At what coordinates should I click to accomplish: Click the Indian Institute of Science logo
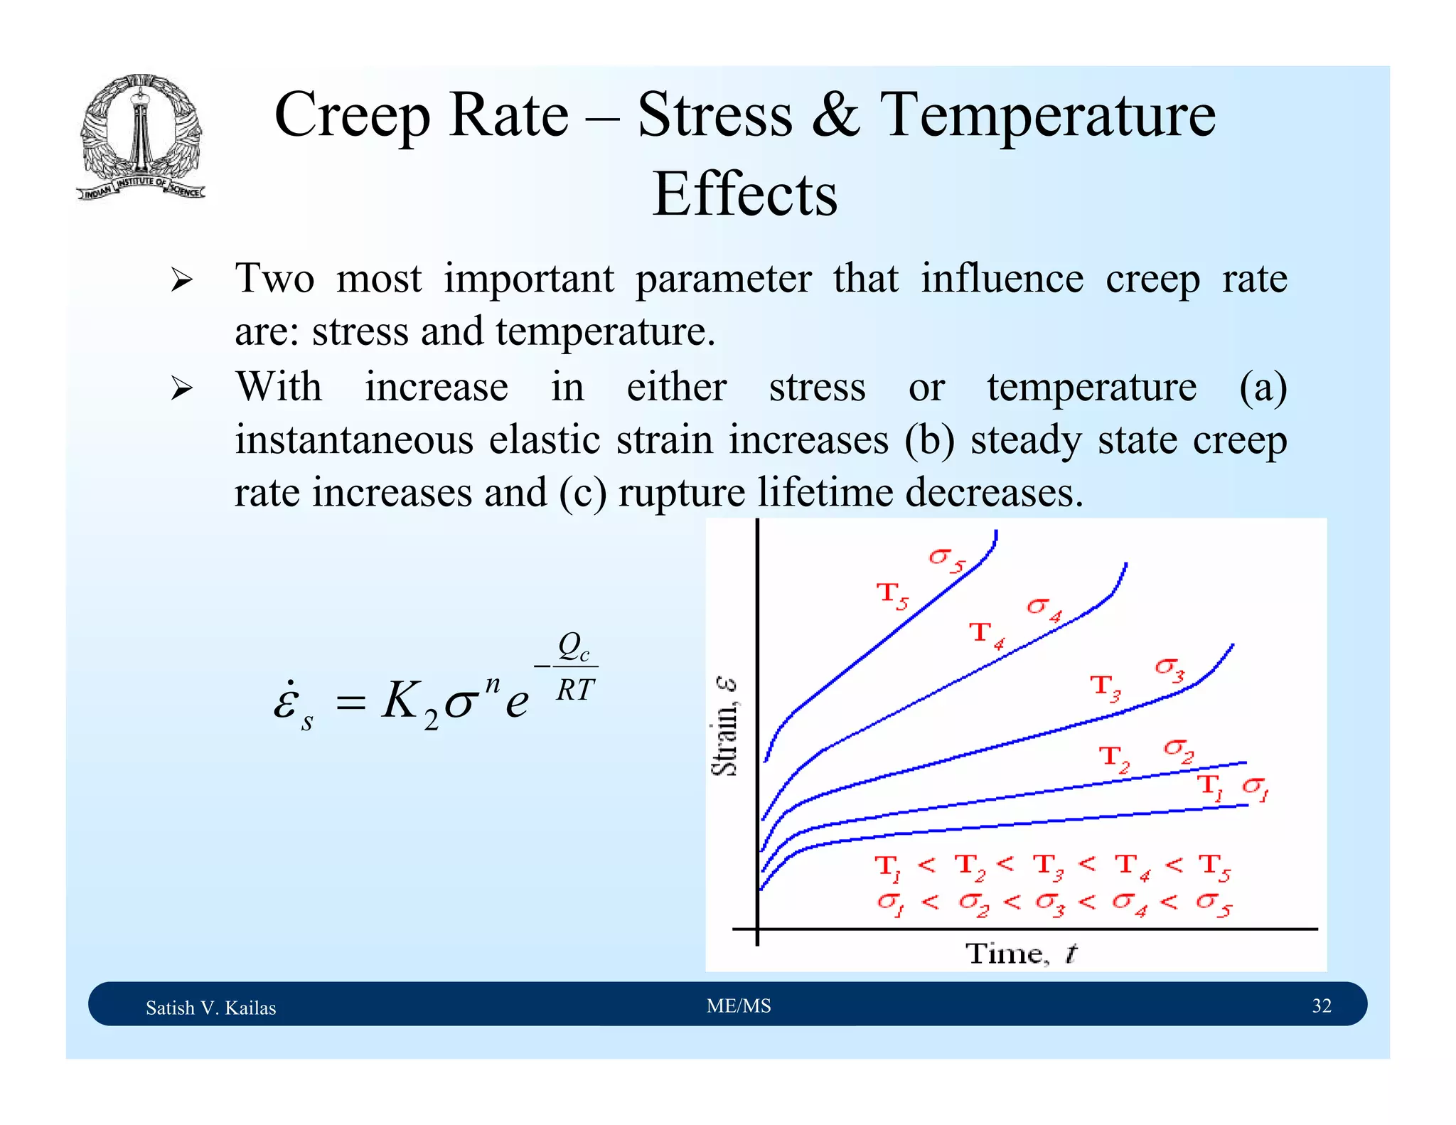tap(141, 137)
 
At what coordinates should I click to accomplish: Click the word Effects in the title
tap(744, 194)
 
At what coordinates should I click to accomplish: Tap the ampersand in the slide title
tap(835, 115)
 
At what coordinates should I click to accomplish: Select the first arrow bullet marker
tap(181, 280)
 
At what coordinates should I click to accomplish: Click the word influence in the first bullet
tap(1002, 278)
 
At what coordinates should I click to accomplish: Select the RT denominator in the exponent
tap(574, 690)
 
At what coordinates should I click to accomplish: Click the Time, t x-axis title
tap(1021, 953)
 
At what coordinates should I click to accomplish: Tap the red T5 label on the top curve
tap(892, 595)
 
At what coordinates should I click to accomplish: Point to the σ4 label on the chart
tap(1044, 609)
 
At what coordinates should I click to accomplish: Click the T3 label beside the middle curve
tap(1106, 687)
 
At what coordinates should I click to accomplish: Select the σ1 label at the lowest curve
tap(1256, 788)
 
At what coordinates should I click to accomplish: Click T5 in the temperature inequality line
tap(1214, 867)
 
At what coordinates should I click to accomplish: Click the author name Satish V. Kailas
tap(210, 1008)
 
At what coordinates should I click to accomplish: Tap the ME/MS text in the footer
tap(739, 1006)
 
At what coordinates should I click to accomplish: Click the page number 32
tap(1321, 1006)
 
